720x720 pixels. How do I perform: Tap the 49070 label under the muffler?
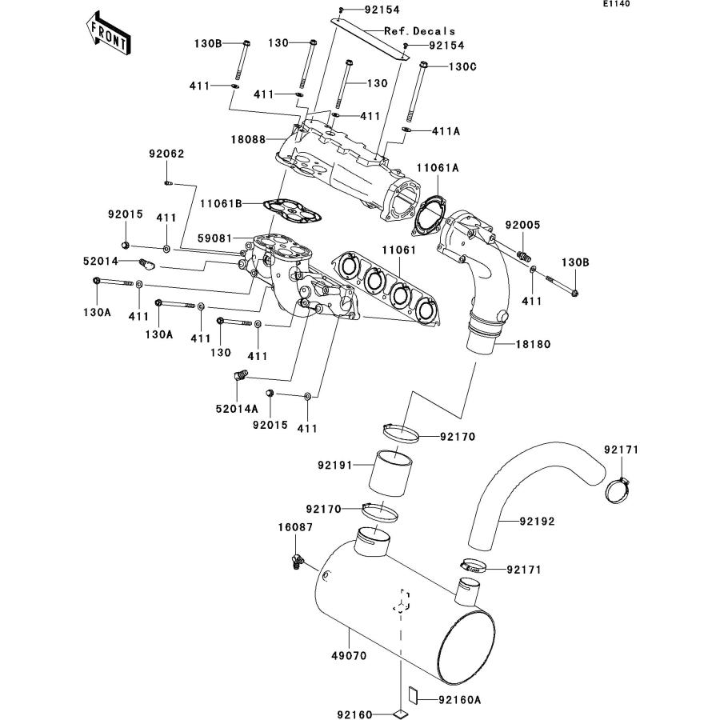tap(349, 654)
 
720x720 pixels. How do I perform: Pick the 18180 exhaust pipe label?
tap(511, 344)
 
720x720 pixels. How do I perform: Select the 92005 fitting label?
tap(522, 226)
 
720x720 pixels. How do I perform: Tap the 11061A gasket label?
tap(437, 168)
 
